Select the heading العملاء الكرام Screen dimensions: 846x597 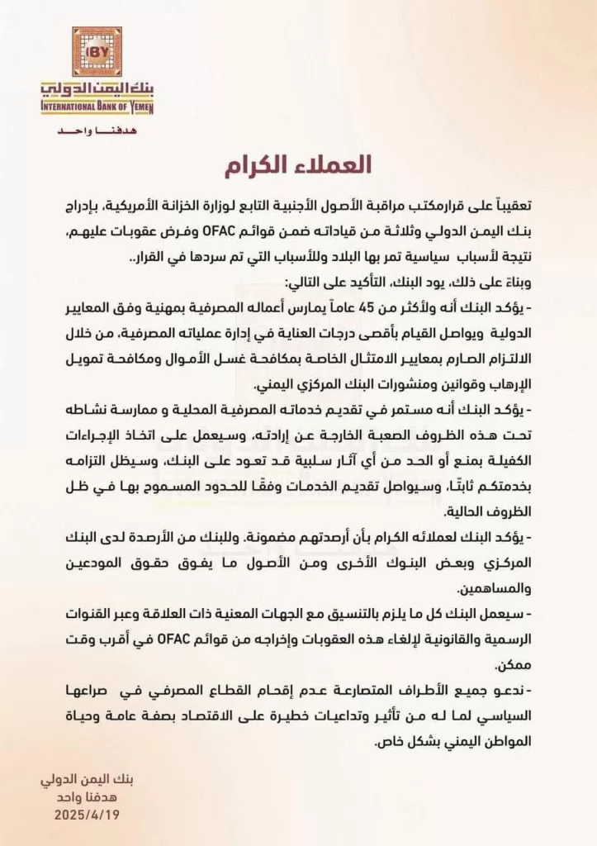tap(297, 165)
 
